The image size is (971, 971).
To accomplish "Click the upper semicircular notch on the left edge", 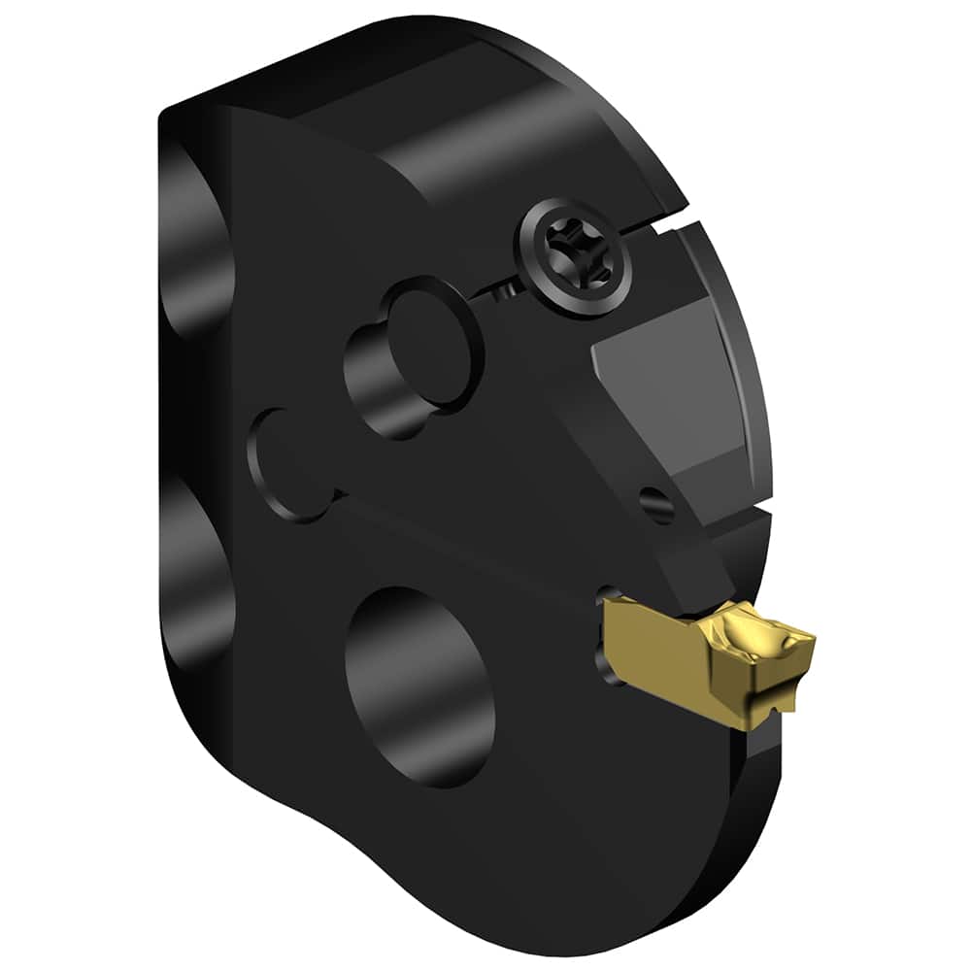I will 199,243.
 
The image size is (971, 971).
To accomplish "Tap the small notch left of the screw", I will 501,289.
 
